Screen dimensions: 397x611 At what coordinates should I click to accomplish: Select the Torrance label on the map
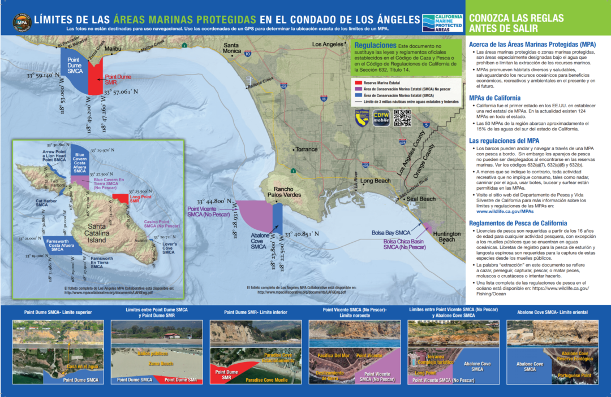point(307,150)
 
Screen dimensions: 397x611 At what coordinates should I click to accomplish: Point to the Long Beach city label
point(375,181)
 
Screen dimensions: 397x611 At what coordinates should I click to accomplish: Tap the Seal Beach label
point(421,199)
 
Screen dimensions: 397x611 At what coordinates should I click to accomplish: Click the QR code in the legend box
point(402,117)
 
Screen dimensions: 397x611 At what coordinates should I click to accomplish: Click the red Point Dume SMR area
point(94,72)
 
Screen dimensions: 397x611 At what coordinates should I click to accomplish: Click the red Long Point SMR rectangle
point(120,198)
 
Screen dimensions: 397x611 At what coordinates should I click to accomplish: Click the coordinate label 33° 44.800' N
point(215,201)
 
